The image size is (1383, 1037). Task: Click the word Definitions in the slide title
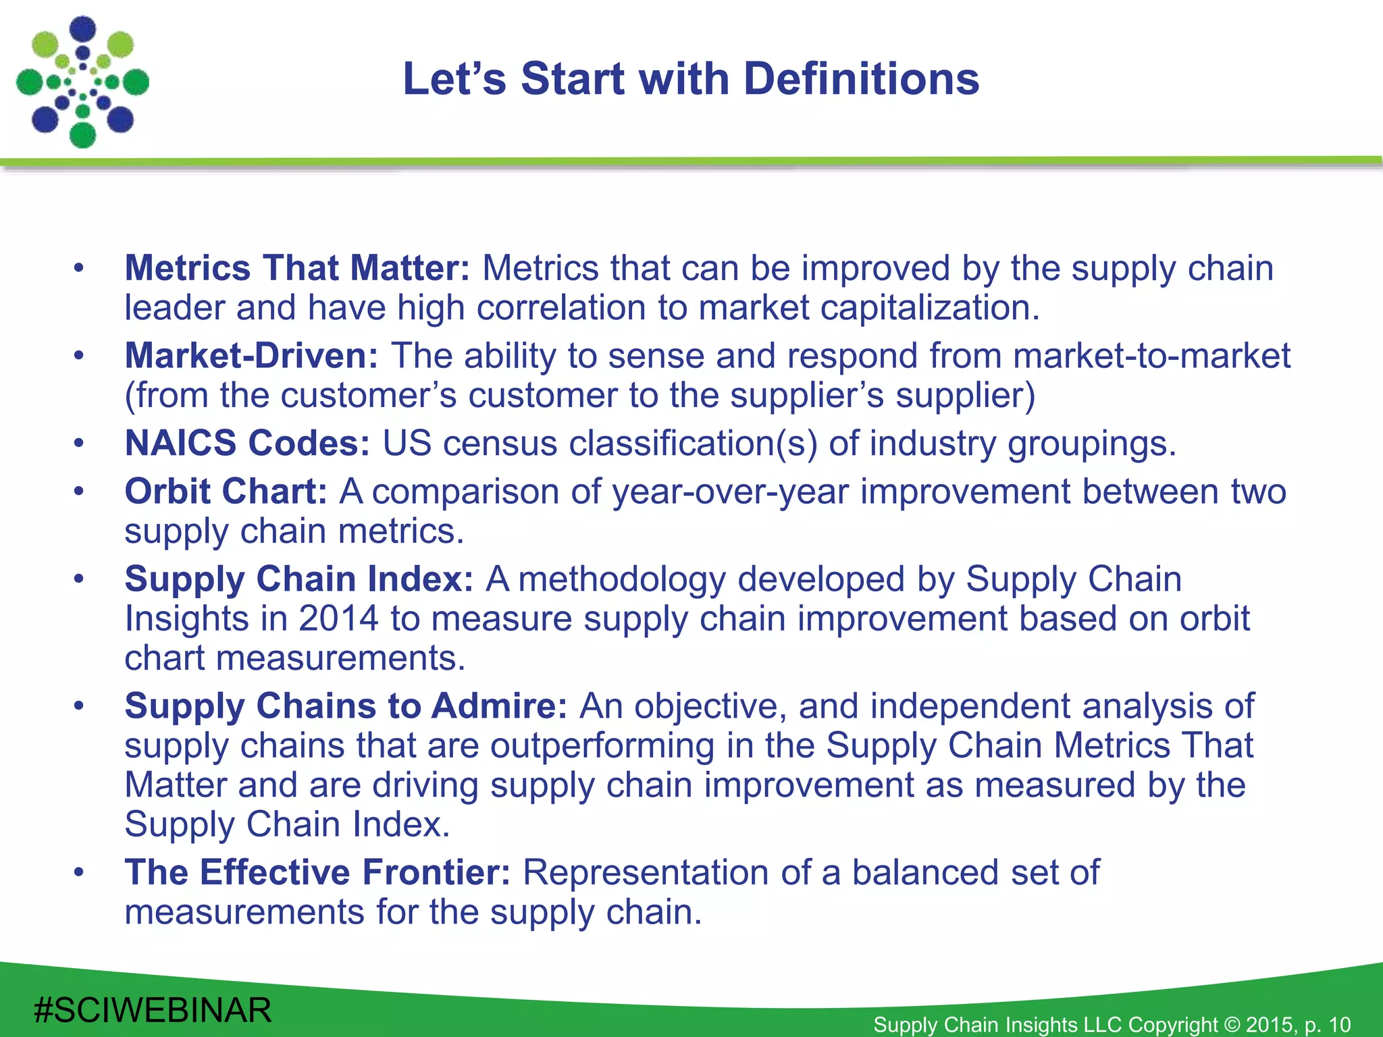[861, 79]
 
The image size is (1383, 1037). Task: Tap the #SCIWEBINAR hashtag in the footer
[153, 1011]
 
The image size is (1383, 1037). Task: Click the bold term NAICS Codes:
[247, 444]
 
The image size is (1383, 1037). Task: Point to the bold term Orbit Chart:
[226, 491]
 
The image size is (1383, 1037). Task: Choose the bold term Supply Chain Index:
[298, 579]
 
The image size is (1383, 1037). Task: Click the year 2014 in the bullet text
[338, 618]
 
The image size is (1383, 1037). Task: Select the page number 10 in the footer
[1339, 1024]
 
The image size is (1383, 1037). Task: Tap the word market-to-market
[1151, 356]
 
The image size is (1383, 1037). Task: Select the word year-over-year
[730, 491]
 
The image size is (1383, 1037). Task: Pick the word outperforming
[602, 745]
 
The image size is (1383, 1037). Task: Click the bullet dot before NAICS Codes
[79, 444]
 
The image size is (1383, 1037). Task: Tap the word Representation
[646, 872]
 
